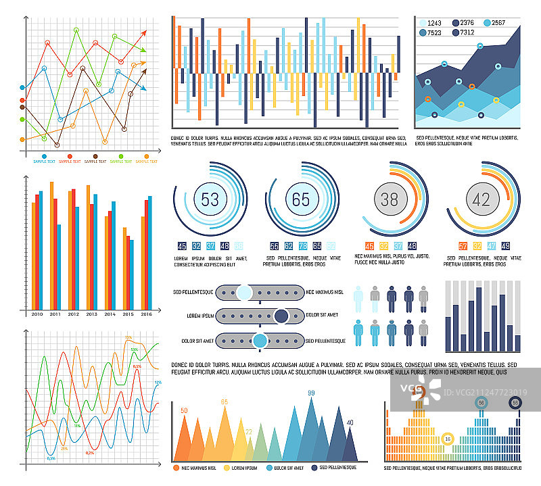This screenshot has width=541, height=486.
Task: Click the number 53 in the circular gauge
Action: (210, 199)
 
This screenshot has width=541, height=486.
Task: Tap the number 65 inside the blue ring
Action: (300, 199)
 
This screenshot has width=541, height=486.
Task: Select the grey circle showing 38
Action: (390, 199)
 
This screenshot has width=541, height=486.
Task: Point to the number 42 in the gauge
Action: (481, 199)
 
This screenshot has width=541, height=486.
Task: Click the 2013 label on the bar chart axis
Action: (91, 314)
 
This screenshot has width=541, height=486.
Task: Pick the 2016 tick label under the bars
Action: (146, 314)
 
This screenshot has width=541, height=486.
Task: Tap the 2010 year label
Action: (37, 314)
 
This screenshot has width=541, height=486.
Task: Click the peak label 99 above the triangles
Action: (312, 393)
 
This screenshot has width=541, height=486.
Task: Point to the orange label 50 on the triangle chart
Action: (183, 411)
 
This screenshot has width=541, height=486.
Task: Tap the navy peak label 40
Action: (350, 423)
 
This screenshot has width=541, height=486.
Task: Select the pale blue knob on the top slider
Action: (244, 292)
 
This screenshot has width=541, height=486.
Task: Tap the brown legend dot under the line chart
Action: (95, 157)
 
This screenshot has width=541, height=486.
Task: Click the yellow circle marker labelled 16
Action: (446, 438)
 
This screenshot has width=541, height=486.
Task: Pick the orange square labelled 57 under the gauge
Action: (463, 246)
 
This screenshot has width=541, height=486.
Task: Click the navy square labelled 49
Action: (505, 246)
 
